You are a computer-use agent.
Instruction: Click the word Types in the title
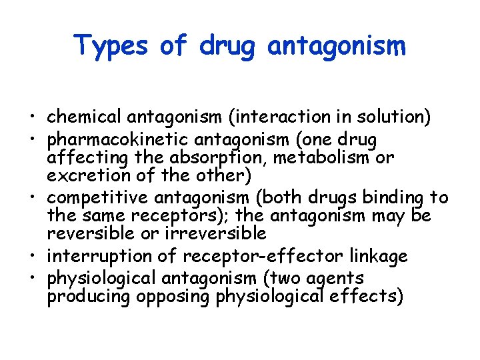110,46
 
